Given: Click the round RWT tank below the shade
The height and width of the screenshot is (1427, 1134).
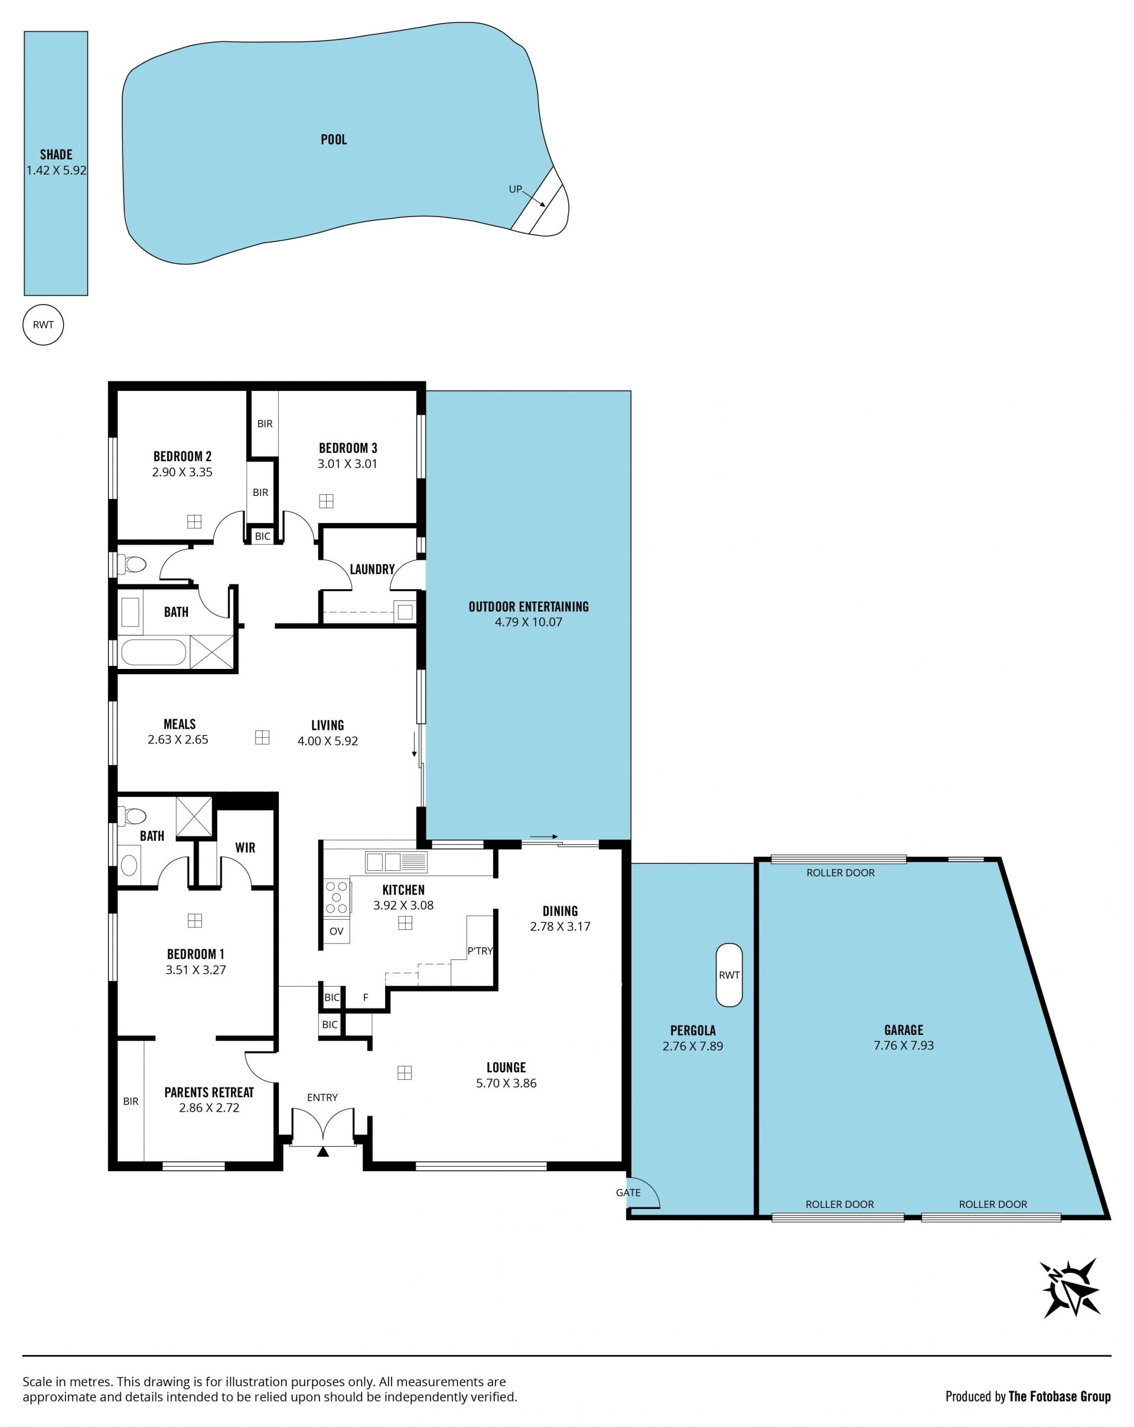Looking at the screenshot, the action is click(x=43, y=324).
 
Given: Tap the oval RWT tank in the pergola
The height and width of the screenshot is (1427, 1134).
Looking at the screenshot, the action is click(x=729, y=974).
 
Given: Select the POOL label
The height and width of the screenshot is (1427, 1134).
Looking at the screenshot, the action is click(x=334, y=139).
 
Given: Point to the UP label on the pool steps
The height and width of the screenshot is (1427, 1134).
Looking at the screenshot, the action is click(x=515, y=190).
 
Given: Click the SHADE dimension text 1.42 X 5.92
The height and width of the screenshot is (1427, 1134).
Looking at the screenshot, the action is click(x=56, y=170).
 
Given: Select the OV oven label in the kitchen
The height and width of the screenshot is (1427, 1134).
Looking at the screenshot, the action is click(x=336, y=930).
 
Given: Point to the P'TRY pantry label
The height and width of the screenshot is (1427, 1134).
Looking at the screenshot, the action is click(x=480, y=951).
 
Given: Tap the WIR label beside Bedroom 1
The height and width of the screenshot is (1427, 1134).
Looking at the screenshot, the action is click(x=245, y=847).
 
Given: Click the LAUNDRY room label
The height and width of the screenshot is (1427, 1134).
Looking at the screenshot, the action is click(x=372, y=569).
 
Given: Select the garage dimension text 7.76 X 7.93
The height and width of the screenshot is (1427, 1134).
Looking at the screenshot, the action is click(x=904, y=1045).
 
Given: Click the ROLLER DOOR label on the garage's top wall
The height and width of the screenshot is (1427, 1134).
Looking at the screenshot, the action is click(x=840, y=873).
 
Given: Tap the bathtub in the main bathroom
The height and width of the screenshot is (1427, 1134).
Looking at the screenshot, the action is click(x=154, y=652).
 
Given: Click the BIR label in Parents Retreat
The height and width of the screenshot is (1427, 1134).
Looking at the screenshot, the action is click(x=131, y=1101).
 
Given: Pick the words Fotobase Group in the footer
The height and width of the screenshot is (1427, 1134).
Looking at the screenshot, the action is click(x=1060, y=1396).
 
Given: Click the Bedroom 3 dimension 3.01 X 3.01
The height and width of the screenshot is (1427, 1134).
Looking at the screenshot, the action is click(x=347, y=463).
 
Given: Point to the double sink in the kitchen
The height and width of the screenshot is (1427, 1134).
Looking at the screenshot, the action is click(x=384, y=861).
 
